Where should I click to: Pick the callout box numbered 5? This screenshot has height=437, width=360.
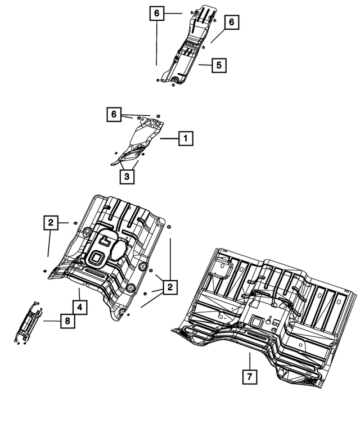click(x=219, y=66)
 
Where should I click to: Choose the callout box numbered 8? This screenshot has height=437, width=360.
click(x=67, y=321)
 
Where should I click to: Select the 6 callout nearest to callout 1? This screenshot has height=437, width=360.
click(x=114, y=115)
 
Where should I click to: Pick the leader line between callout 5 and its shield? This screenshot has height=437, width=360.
click(x=205, y=66)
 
